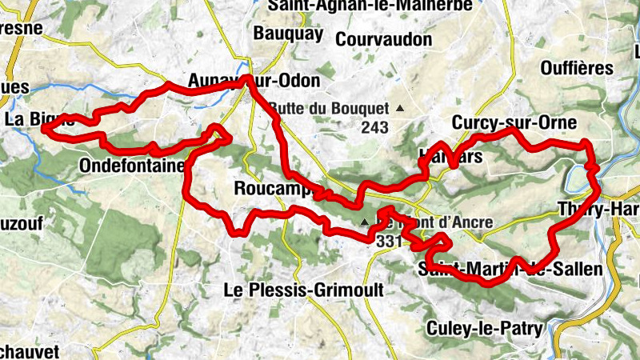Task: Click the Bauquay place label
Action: [x=288, y=34]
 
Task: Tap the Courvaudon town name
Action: [x=384, y=38]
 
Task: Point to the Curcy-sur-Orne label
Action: [x=514, y=122]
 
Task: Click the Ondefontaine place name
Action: [x=132, y=166]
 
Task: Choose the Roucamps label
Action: [x=273, y=189]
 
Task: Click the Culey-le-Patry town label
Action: [x=485, y=328]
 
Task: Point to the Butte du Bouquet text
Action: [x=329, y=108]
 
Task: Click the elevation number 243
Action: [x=374, y=127]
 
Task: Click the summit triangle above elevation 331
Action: [x=365, y=222]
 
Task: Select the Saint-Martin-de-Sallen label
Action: [x=510, y=270]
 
